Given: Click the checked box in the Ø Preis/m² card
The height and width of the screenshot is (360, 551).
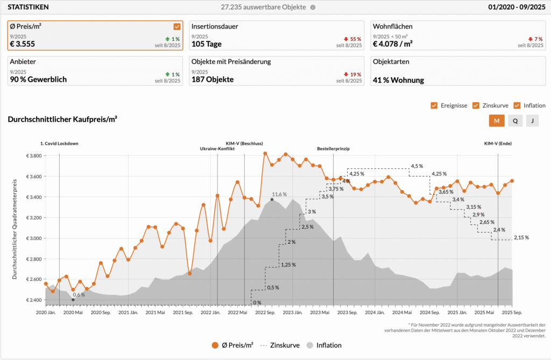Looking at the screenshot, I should click(177, 26).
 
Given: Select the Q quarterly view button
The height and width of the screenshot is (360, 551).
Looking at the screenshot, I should click(515, 121).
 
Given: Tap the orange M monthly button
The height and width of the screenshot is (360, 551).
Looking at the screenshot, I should click(496, 121).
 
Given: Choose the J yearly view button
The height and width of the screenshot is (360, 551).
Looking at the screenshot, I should click(532, 121).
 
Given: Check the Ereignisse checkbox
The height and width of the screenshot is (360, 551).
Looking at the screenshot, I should click(434, 105).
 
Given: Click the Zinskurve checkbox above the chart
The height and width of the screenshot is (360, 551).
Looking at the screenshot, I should click(475, 105).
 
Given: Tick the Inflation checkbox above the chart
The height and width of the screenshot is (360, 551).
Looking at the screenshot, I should click(517, 105).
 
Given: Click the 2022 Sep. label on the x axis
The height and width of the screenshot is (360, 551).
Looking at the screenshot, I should click(265, 312).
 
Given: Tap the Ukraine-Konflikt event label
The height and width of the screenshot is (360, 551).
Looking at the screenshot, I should click(217, 149).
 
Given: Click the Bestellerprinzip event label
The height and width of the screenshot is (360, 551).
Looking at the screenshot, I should click(333, 149).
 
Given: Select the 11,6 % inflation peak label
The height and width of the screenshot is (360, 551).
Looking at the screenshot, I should click(279, 194).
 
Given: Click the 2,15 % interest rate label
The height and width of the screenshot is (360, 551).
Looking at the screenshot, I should click(521, 237).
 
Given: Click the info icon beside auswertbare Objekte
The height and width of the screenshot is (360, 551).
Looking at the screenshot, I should click(313, 8).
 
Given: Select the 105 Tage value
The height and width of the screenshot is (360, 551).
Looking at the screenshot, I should click(207, 44).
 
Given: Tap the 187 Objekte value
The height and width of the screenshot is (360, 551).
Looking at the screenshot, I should click(212, 80).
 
